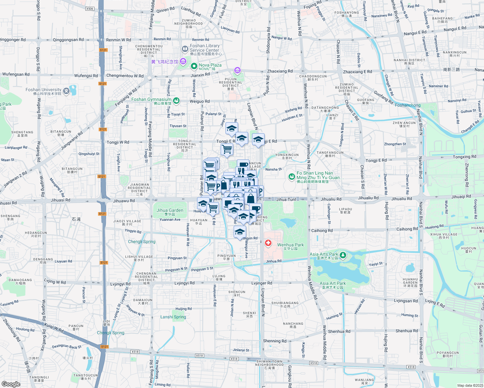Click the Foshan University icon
[66, 91]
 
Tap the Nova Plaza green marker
[194, 66]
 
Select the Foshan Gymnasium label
[151, 100]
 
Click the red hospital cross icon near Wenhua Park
[268, 243]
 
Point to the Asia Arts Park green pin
[343, 255]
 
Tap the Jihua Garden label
[170, 210]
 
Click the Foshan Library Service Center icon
[185, 49]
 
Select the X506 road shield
[90, 9]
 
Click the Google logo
[11, 384]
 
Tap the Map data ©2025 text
[470, 385]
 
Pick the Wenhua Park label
[290, 245]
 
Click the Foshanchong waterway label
[408, 105]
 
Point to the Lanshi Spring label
[173, 317]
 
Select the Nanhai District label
[409, 60]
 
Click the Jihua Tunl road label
[286, 199]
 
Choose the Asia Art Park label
[333, 283]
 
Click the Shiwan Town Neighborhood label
[269, 363]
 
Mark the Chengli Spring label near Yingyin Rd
[142, 242]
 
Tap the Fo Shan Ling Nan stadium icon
[292, 176]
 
